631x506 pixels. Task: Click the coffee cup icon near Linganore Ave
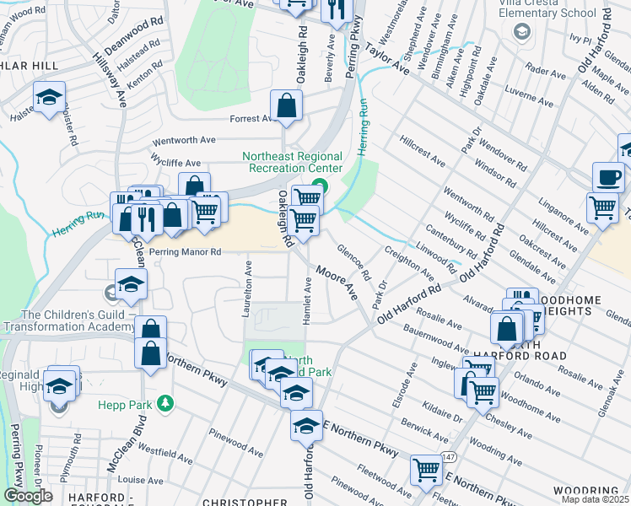pos(607,177)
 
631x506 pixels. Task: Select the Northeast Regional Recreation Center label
pos(293,162)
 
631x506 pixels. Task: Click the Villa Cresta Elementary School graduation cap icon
pos(522,31)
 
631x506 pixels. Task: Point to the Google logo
pos(28,496)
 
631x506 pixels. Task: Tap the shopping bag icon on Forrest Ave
pos(286,106)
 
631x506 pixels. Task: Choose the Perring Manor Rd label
pos(185,251)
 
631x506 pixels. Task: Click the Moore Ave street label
pos(337,282)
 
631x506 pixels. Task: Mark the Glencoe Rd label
pos(353,262)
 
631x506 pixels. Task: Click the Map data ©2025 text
pos(596,499)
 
